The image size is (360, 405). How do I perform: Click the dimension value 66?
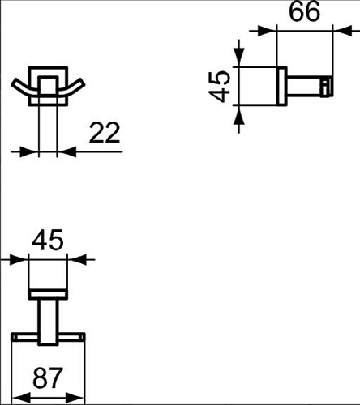[305, 12]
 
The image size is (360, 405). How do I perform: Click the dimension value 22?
[105, 133]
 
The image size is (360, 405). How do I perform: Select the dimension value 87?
[48, 377]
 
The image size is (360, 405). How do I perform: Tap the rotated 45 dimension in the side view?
[220, 87]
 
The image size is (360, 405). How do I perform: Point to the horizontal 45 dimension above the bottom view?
[48, 240]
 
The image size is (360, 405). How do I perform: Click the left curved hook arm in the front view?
[24, 88]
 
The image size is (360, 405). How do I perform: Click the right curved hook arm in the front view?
[71, 88]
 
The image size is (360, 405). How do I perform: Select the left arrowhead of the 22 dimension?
[29, 151]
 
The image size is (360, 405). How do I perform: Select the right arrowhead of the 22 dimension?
[67, 151]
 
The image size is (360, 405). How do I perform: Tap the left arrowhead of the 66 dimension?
[268, 31]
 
